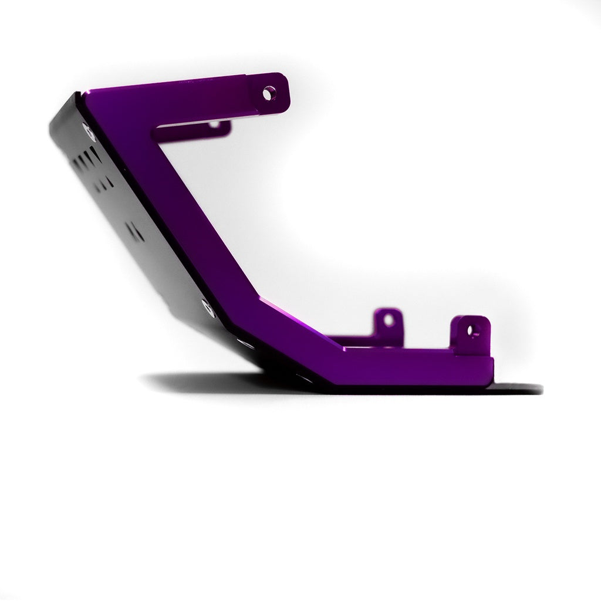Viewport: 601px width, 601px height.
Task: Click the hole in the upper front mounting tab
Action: coord(268,92)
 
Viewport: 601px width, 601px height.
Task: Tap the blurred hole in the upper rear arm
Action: coord(215,124)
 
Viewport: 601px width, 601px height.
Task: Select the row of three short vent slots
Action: coord(104,182)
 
